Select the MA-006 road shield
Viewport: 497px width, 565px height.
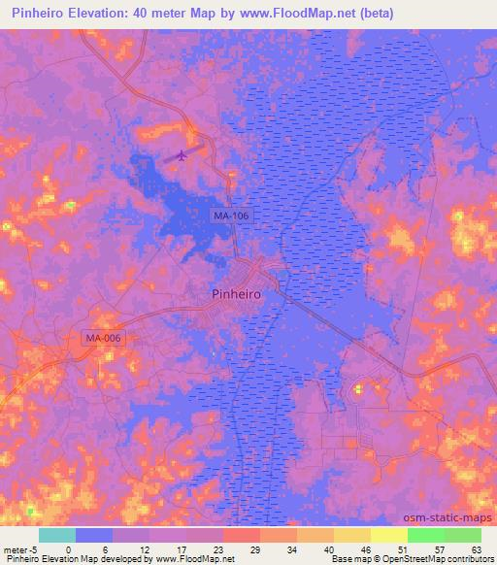(x=104, y=338)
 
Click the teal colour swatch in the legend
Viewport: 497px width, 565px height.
(x=57, y=535)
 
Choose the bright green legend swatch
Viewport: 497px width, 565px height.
(x=425, y=535)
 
